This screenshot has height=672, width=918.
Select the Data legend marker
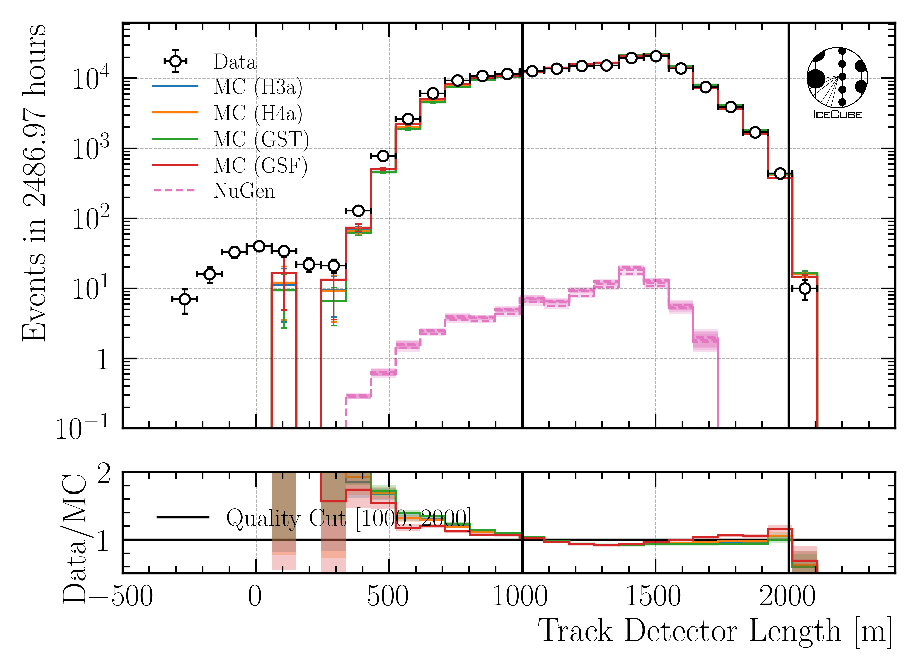pyautogui.click(x=175, y=61)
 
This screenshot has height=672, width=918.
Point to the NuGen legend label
pyautogui.click(x=244, y=191)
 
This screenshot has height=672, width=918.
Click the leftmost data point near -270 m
pyautogui.click(x=185, y=299)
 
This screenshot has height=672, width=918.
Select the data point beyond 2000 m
pyautogui.click(x=805, y=289)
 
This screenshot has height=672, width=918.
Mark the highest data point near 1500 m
pyautogui.click(x=656, y=56)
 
